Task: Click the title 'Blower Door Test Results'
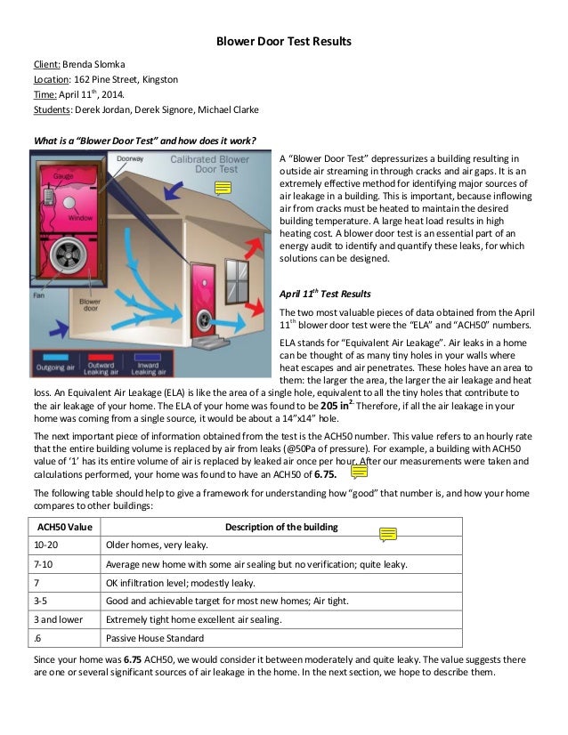point(284,41)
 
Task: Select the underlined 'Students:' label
point(53,109)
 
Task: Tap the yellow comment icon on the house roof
point(223,188)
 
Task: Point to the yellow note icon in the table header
point(387,534)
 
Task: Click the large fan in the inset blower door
point(69,256)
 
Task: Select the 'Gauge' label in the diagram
point(63,175)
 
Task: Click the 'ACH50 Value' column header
point(60,527)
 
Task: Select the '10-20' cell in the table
point(45,545)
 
